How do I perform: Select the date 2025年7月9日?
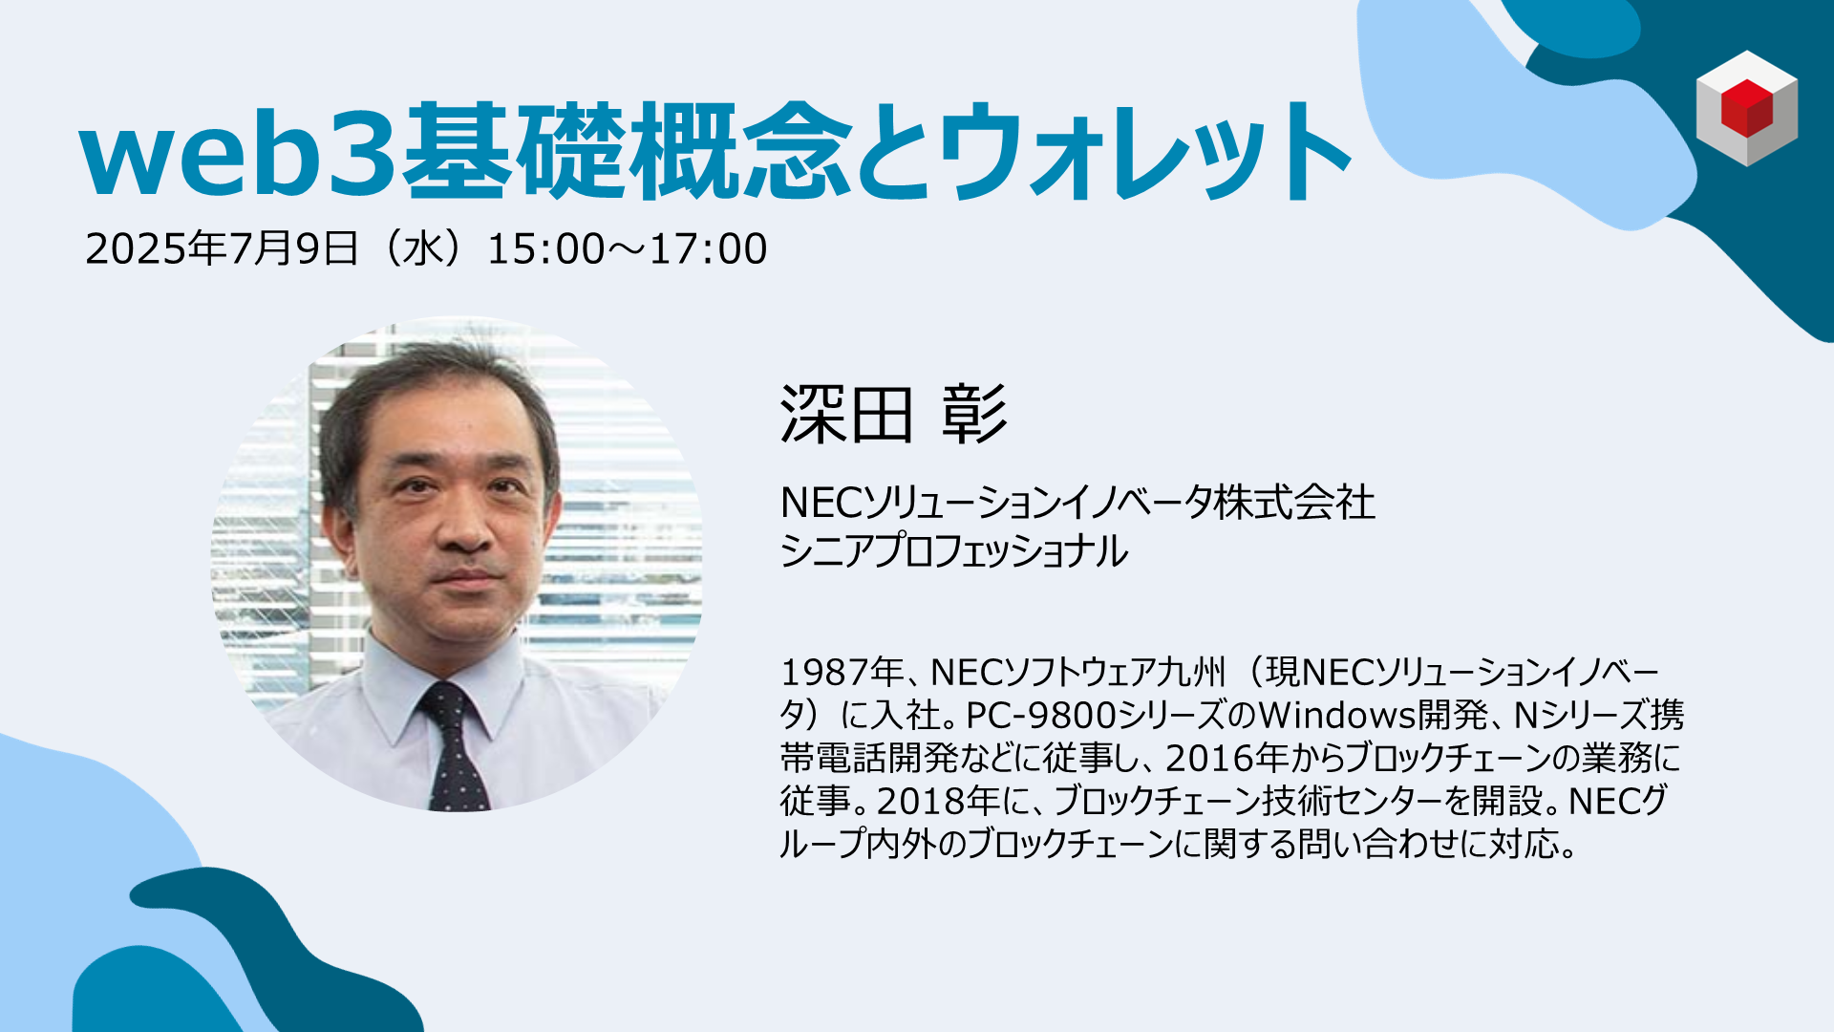click(x=222, y=248)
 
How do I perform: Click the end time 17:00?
click(x=709, y=249)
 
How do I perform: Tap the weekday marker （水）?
click(x=423, y=248)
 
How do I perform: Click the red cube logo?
click(x=1747, y=108)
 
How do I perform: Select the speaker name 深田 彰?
click(x=894, y=415)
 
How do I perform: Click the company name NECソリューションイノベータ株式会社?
click(x=1077, y=503)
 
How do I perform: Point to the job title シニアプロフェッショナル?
click(x=953, y=551)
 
